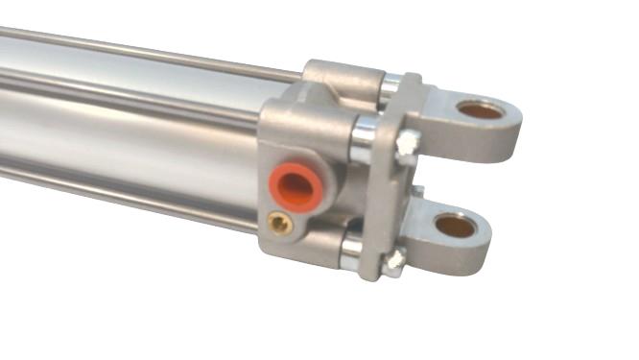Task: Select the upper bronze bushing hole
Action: [481, 109]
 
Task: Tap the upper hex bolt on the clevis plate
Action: [408, 143]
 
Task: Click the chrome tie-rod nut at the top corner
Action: [389, 87]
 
